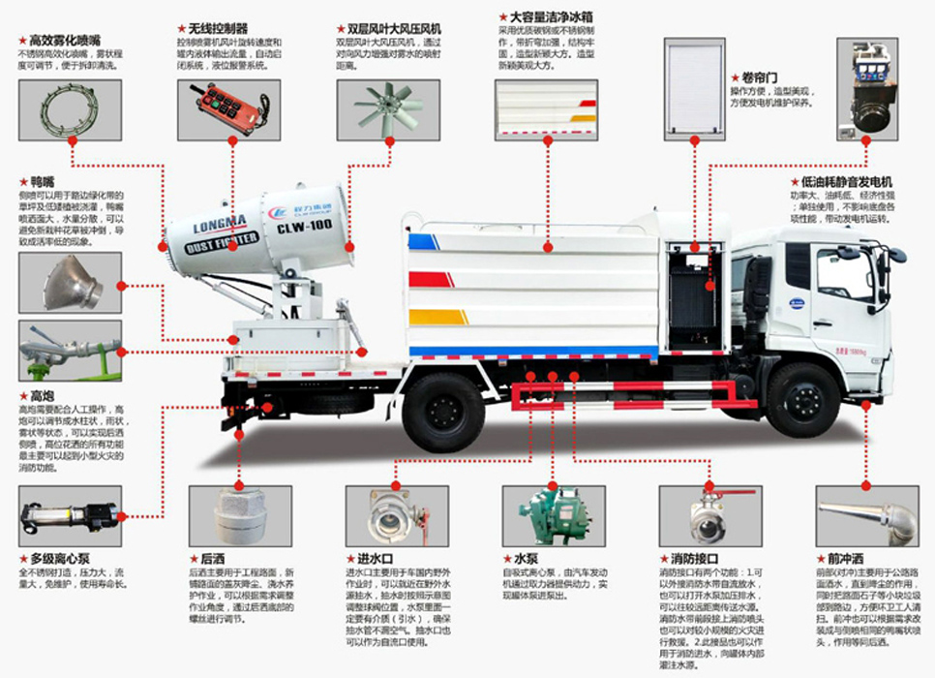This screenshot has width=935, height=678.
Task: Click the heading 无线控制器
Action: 220,29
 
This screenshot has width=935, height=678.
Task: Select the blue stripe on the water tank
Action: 425,241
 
